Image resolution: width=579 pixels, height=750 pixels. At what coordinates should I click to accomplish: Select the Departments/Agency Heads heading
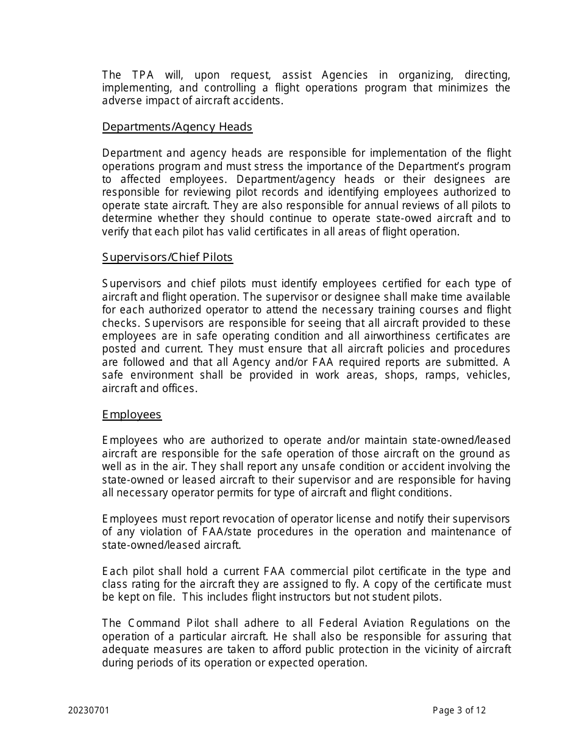[x=177, y=127]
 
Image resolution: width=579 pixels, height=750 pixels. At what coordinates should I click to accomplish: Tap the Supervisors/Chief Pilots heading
[x=167, y=257]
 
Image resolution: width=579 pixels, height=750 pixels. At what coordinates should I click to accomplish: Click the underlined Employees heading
[x=132, y=415]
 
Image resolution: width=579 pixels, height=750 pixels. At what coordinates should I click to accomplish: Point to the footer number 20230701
[x=89, y=710]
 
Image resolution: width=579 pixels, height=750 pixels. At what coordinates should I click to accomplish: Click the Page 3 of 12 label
[x=459, y=710]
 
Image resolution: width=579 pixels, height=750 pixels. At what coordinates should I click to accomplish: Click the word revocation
[x=228, y=519]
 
